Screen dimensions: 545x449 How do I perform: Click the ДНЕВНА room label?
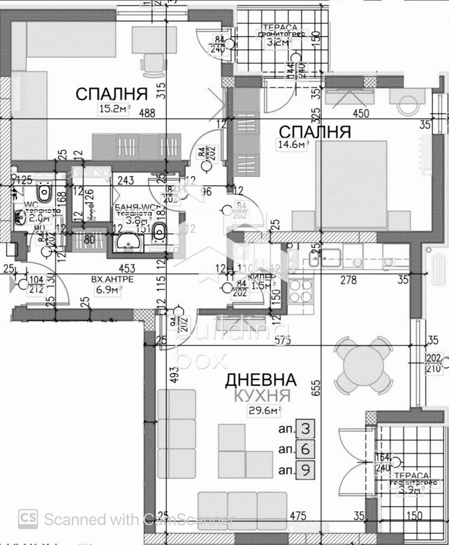[x=261, y=380]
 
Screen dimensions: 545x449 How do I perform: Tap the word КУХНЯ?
[x=262, y=396]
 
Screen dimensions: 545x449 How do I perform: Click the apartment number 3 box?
[x=306, y=429]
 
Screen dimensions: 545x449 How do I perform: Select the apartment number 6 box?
[x=306, y=449]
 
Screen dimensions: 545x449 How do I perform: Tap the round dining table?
[x=363, y=365]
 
